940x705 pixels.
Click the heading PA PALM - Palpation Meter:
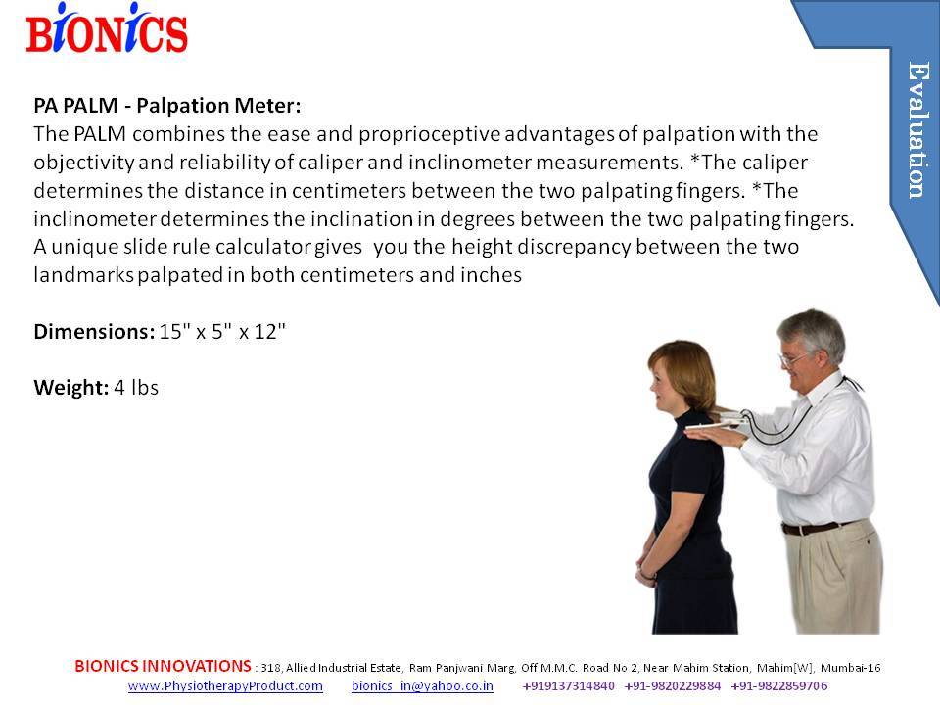(x=167, y=106)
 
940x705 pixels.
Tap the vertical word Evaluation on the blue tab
(x=917, y=129)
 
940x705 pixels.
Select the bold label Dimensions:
(x=94, y=332)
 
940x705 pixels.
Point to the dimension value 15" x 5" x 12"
(x=222, y=332)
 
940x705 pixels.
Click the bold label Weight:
(x=70, y=388)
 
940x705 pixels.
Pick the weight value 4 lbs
(x=136, y=388)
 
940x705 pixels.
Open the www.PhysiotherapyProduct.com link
(x=225, y=685)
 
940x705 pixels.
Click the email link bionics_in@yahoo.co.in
(x=422, y=685)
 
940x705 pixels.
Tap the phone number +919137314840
(x=568, y=685)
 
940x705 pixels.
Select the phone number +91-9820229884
(x=673, y=685)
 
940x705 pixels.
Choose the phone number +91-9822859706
(x=779, y=685)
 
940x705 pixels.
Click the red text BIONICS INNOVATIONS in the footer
(x=164, y=666)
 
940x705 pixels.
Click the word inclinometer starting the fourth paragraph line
(x=95, y=218)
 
